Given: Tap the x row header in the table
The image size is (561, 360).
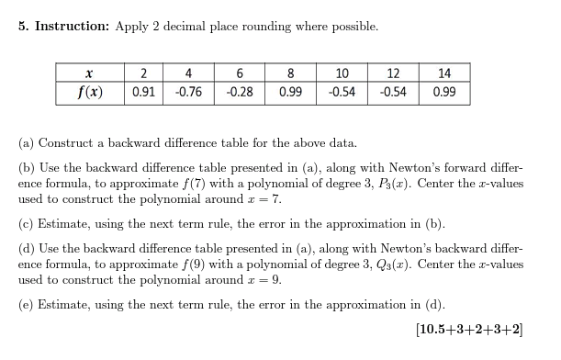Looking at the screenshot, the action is click(x=89, y=73).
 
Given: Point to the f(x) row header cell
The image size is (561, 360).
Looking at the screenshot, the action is click(x=89, y=92).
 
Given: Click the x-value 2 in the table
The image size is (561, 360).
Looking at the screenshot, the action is click(x=143, y=73).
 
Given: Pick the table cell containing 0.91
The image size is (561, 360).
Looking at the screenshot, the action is click(x=143, y=92).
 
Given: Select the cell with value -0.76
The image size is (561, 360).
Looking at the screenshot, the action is click(x=188, y=92).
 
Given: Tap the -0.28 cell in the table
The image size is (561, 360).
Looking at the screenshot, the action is click(x=240, y=92).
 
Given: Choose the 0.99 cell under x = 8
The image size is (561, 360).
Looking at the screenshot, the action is click(x=291, y=92).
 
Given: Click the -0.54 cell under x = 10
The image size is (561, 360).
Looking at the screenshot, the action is click(x=342, y=92).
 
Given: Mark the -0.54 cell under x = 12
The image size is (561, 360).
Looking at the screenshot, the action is click(x=394, y=92).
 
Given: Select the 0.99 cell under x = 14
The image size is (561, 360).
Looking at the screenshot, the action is click(x=444, y=92).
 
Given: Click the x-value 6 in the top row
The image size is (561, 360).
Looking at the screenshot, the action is click(x=240, y=73).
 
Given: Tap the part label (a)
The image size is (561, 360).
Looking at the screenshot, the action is click(x=27, y=143).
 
